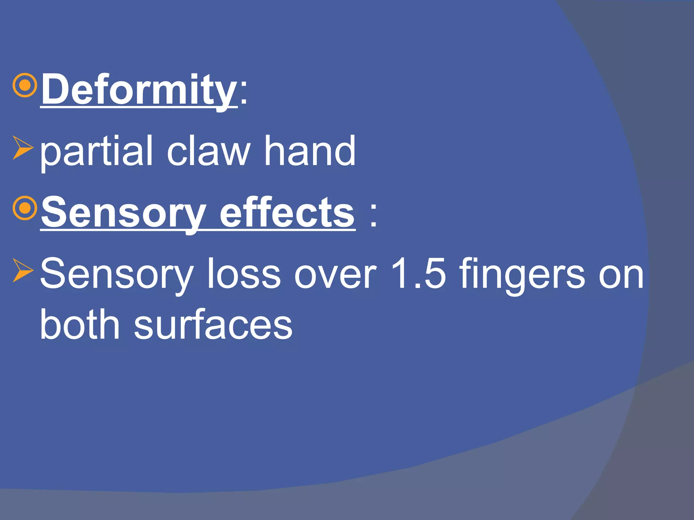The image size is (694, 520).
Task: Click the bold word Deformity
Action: pyautogui.click(x=139, y=90)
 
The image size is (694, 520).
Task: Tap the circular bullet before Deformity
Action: pyautogui.click(x=24, y=86)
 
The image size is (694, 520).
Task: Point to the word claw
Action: pyautogui.click(x=208, y=151)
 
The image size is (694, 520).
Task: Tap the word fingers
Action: pyautogui.click(x=522, y=274)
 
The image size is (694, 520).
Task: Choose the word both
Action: pyautogui.click(x=80, y=324)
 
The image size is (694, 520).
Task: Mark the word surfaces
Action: pyautogui.click(x=213, y=324)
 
